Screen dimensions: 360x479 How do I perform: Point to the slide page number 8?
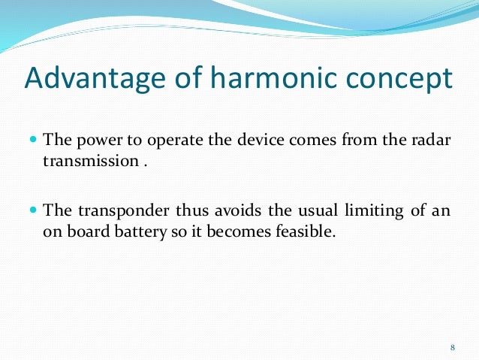[453, 346]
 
